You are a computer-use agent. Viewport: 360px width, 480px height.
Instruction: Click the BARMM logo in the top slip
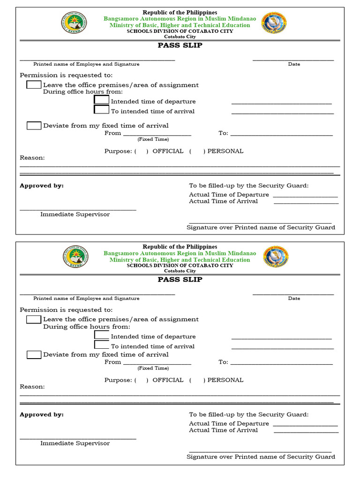click(74, 22)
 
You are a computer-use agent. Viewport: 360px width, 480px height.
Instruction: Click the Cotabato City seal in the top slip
click(274, 22)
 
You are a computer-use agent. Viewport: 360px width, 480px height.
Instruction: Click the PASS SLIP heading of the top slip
click(180, 45)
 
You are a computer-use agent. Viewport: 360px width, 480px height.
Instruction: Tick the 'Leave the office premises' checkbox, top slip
click(34, 85)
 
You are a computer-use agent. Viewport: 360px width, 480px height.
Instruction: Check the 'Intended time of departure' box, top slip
click(102, 100)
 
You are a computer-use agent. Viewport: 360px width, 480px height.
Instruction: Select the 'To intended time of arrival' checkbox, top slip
click(102, 110)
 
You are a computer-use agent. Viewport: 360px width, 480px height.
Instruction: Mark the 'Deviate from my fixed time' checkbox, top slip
click(34, 126)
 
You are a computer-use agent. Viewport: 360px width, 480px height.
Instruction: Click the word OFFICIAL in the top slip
click(168, 151)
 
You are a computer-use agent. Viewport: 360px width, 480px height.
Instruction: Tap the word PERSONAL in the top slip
click(225, 151)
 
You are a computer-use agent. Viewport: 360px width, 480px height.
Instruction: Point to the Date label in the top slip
click(294, 64)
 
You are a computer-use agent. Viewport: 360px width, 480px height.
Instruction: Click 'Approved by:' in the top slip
click(42, 186)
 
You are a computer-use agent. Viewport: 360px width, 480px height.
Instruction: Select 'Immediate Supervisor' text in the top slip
click(75, 214)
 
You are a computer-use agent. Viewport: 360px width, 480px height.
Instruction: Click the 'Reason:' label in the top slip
click(32, 158)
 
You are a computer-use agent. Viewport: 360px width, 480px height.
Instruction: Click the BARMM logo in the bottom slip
click(75, 257)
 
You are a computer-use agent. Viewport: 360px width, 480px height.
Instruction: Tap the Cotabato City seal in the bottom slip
click(276, 257)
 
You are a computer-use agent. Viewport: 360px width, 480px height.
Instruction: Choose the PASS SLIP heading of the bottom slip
click(180, 279)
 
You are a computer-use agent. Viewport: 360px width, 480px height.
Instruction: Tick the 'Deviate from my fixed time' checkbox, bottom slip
click(34, 354)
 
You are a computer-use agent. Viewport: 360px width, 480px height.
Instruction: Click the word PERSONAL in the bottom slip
click(225, 380)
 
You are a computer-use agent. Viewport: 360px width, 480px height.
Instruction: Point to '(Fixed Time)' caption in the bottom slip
click(153, 368)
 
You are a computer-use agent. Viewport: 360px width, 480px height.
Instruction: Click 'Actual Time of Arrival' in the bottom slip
click(223, 430)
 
